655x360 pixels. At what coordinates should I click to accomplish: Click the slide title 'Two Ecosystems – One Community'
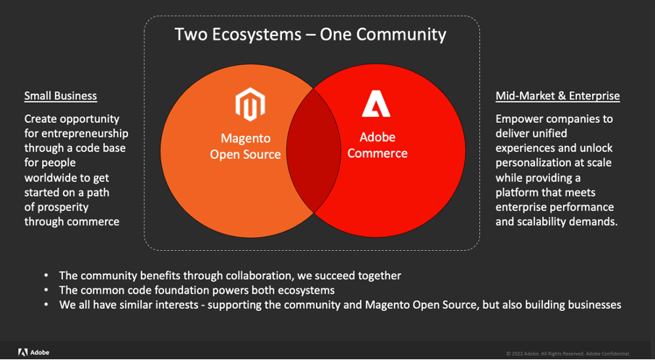pyautogui.click(x=310, y=34)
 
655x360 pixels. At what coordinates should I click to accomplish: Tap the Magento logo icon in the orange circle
pyautogui.click(x=249, y=105)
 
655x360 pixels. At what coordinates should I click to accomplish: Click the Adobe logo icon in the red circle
pyautogui.click(x=376, y=104)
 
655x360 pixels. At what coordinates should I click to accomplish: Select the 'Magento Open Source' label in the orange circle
pyautogui.click(x=245, y=146)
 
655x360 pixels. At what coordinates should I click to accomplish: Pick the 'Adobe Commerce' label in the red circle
pyautogui.click(x=377, y=145)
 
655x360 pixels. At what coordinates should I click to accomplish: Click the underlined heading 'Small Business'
pyautogui.click(x=61, y=95)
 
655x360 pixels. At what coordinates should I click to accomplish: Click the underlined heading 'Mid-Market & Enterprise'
pyautogui.click(x=557, y=95)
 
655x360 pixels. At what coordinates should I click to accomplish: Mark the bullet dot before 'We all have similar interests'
pyautogui.click(x=47, y=305)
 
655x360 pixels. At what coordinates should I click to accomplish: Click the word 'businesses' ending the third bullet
pyautogui.click(x=592, y=304)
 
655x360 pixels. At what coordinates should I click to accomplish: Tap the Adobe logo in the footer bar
pyautogui.click(x=33, y=352)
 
